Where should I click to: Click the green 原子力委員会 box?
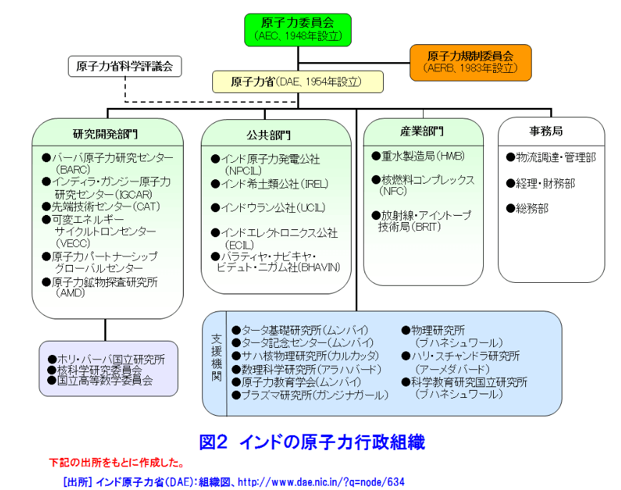298,29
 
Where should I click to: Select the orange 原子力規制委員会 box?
470,61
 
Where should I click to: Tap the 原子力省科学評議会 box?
124,67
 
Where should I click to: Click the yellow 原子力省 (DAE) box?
297,81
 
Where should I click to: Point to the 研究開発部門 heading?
106,134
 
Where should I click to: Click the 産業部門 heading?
422,131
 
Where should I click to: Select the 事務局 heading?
546,131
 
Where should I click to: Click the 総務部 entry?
532,209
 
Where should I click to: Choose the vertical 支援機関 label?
216,357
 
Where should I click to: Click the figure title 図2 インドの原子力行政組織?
312,442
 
